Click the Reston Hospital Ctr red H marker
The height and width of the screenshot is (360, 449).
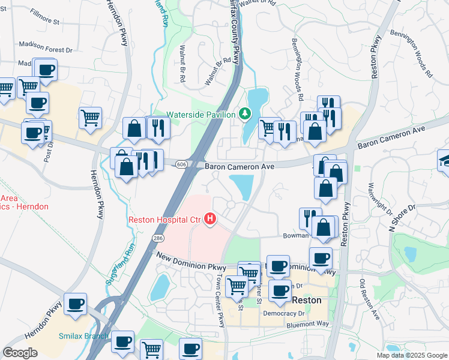click(210, 220)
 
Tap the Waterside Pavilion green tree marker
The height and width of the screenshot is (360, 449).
click(245, 113)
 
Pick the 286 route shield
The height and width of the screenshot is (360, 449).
click(158, 238)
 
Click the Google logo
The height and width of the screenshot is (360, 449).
click(20, 353)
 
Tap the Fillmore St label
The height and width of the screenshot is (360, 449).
click(47, 22)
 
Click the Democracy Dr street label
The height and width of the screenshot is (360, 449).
click(285, 313)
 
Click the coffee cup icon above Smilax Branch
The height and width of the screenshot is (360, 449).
click(76, 304)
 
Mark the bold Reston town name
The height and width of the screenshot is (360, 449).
click(306, 300)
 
